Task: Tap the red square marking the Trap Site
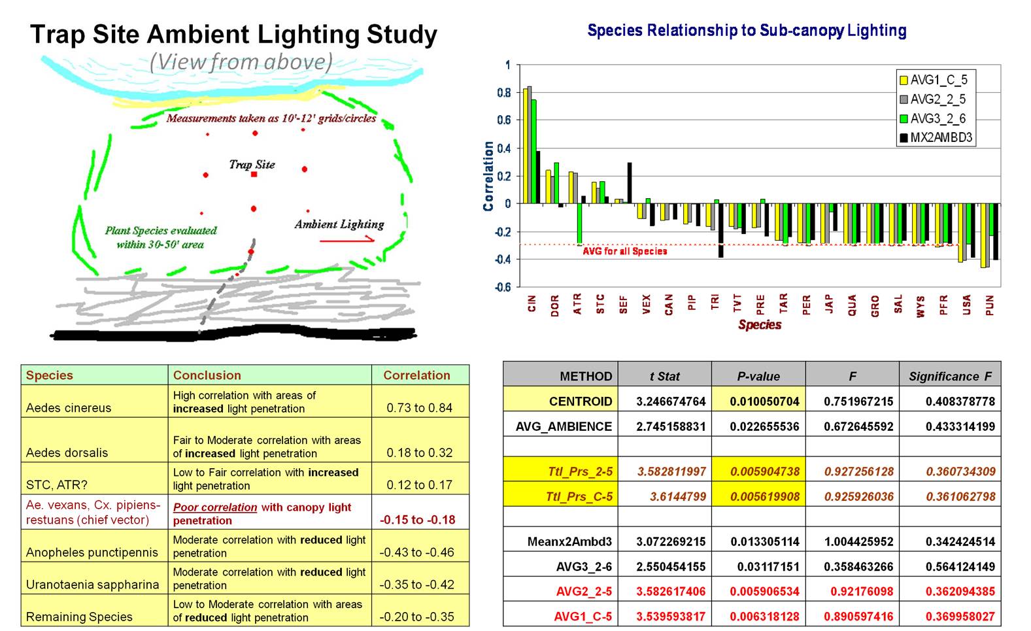pyautogui.click(x=254, y=175)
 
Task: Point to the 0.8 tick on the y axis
pyautogui.click(x=503, y=93)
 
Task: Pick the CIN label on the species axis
pyautogui.click(x=532, y=303)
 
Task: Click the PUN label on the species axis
pyautogui.click(x=990, y=305)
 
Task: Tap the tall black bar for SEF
pyautogui.click(x=630, y=183)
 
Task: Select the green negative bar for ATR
pyautogui.click(x=579, y=224)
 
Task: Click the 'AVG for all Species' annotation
pyautogui.click(x=624, y=251)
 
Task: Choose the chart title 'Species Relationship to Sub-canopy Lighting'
pyautogui.click(x=747, y=30)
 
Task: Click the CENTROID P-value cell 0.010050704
pyautogui.click(x=758, y=401)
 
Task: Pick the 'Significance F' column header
pyautogui.click(x=950, y=376)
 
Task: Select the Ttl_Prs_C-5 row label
pyautogui.click(x=579, y=496)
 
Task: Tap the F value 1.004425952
pyautogui.click(x=852, y=541)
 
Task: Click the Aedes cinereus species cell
pyautogui.click(x=69, y=407)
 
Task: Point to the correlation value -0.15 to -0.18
pyautogui.click(x=417, y=520)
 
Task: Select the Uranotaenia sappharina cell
pyautogui.click(x=92, y=585)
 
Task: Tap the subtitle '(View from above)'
pyautogui.click(x=241, y=62)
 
